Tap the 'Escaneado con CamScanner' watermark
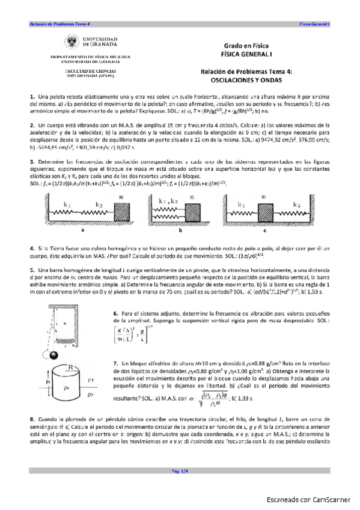click(309, 500)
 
